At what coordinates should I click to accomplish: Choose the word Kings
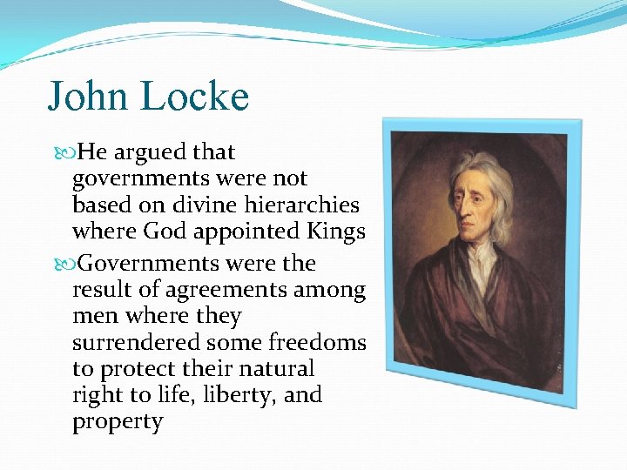[334, 232]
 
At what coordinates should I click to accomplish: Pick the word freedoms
[322, 343]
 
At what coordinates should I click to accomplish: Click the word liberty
[239, 396]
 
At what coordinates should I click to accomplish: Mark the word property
[118, 423]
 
